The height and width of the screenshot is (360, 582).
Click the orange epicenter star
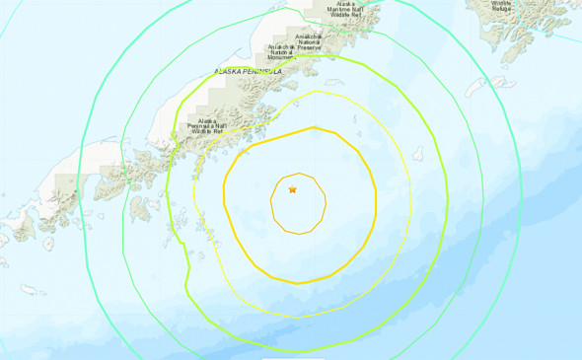tap(292, 188)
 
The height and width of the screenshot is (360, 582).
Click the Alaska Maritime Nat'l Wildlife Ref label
tap(345, 9)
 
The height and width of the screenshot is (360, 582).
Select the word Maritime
tap(345, 9)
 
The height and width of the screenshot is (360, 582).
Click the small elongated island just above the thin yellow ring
tap(334, 82)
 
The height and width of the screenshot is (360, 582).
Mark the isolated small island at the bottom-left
tap(33, 290)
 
